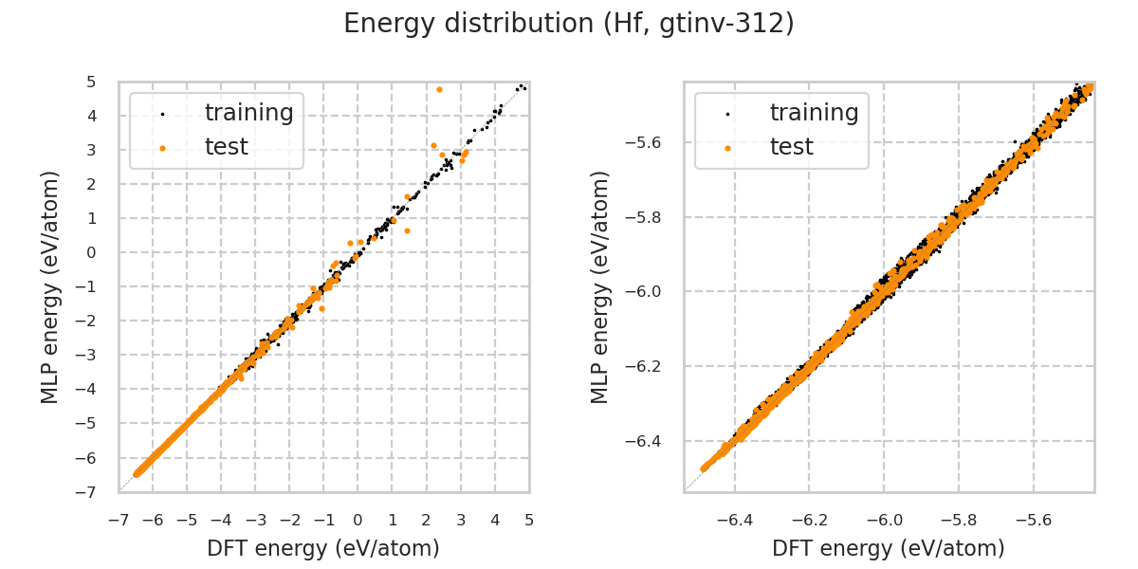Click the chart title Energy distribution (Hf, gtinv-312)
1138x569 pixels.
[x=569, y=24]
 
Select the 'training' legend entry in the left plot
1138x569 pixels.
[x=248, y=113]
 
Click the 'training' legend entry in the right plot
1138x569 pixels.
[x=814, y=113]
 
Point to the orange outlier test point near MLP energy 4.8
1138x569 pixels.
[x=439, y=89]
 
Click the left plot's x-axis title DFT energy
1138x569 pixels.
[x=323, y=548]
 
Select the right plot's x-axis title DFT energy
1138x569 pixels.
[x=889, y=548]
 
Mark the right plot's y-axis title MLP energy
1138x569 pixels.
[x=600, y=286]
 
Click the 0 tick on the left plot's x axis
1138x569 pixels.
[x=358, y=520]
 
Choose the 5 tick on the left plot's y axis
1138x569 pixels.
[x=91, y=83]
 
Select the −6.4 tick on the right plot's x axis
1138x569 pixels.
[x=735, y=520]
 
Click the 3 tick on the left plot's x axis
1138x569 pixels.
[x=461, y=520]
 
